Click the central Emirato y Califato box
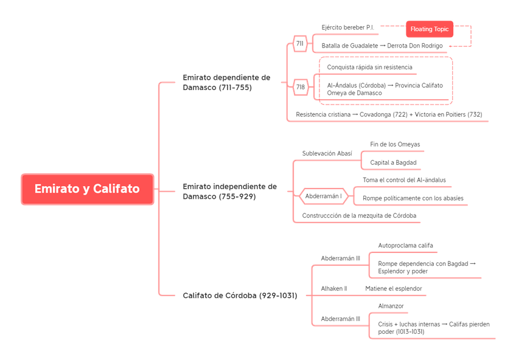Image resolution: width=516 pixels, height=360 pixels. [87, 189]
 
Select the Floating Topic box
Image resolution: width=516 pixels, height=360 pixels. [430, 29]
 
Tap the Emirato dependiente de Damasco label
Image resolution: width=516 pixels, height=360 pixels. [226, 83]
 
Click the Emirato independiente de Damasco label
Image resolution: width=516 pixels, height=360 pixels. [230, 192]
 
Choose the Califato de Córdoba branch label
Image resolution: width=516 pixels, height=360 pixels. [240, 296]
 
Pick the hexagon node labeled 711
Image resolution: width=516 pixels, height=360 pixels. [300, 43]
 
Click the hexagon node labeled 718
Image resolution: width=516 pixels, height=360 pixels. [301, 87]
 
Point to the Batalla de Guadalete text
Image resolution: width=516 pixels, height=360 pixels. [383, 45]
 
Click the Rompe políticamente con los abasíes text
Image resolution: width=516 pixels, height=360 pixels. [413, 198]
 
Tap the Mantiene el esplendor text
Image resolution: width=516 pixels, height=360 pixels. [394, 287]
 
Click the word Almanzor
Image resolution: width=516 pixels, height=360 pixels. [390, 305]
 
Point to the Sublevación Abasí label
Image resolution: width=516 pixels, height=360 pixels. [326, 153]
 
